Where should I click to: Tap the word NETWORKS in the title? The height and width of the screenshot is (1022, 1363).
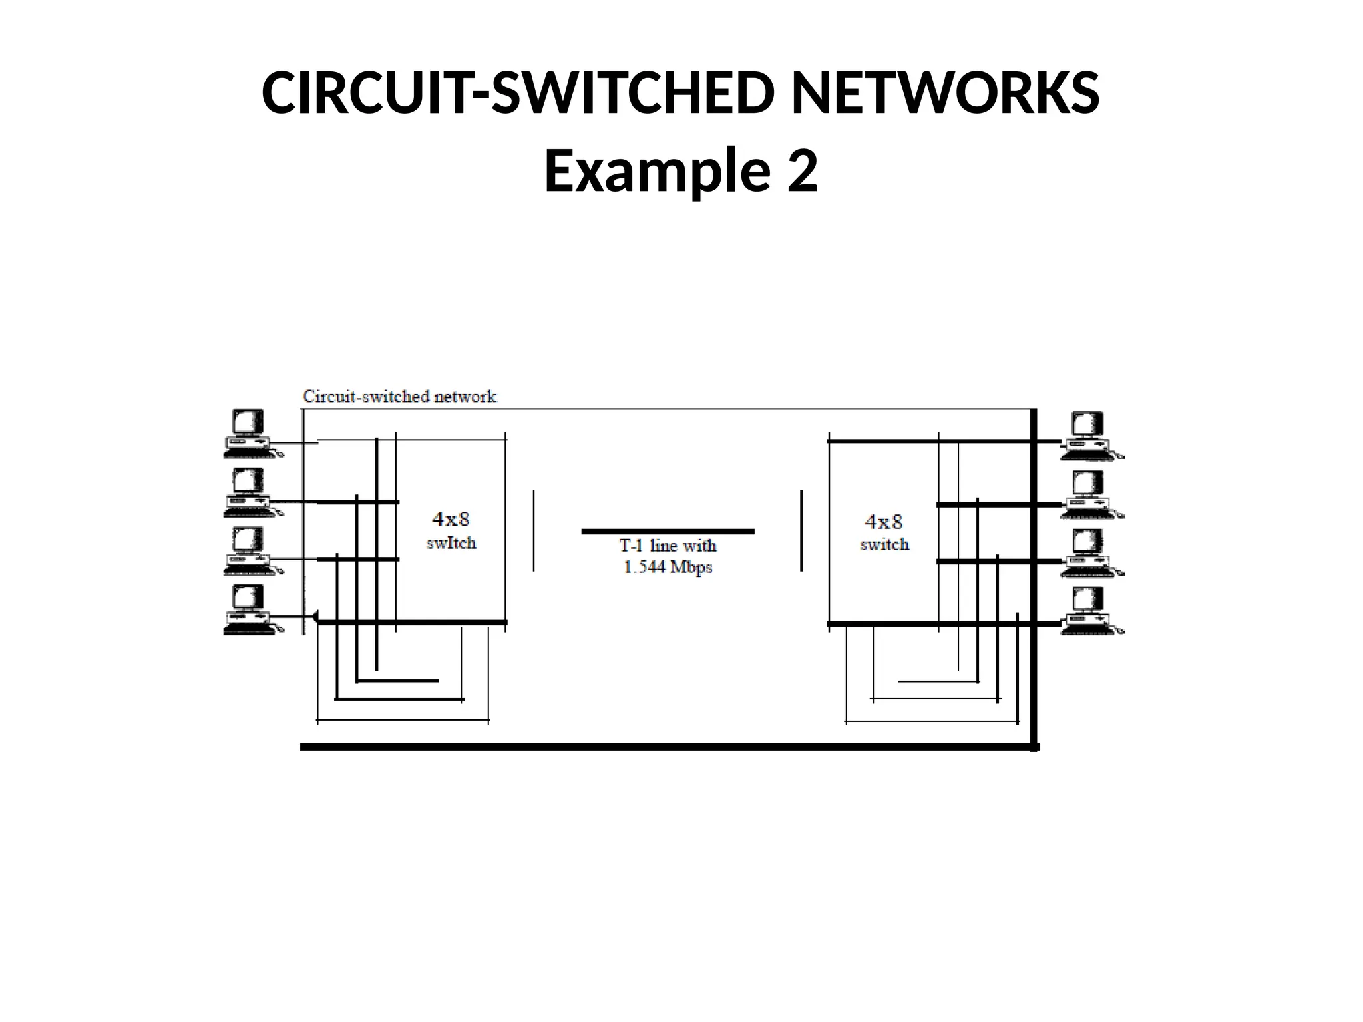click(945, 93)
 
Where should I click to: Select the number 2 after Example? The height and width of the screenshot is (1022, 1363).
click(802, 171)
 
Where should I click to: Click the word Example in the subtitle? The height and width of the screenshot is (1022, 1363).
click(656, 171)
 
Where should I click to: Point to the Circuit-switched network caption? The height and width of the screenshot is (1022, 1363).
click(399, 397)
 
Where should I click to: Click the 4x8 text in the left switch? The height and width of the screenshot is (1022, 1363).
click(451, 518)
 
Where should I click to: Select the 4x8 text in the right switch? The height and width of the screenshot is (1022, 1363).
click(884, 521)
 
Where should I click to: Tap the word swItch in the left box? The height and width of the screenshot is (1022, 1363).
click(451, 543)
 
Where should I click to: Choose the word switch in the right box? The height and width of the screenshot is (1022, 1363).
click(884, 544)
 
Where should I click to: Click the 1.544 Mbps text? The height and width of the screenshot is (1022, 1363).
click(668, 568)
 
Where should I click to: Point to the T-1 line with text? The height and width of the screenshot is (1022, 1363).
click(668, 546)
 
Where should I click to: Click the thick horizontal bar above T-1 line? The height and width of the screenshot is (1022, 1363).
click(668, 532)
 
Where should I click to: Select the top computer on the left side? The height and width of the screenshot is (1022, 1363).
click(248, 434)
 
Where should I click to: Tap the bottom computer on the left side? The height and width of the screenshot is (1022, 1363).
click(248, 609)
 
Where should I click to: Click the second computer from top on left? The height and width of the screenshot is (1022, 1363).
click(248, 492)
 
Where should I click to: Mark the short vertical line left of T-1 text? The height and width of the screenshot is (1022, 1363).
click(534, 530)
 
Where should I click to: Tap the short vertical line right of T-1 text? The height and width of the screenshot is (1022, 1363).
click(801, 530)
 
